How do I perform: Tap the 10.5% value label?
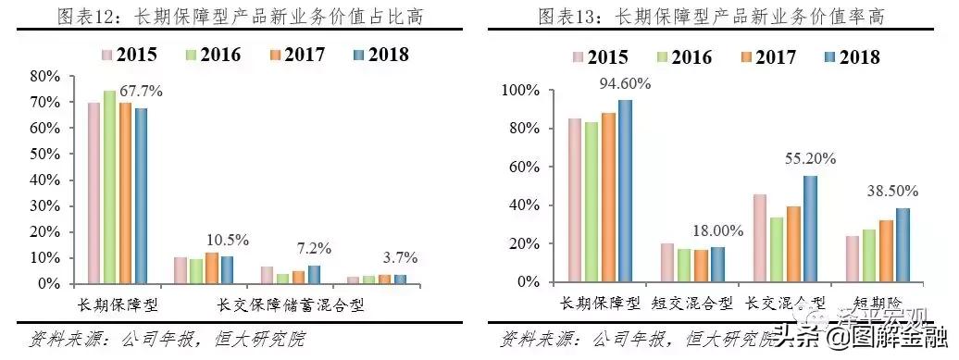228,241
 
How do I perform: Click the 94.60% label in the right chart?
626,83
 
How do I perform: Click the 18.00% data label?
716,231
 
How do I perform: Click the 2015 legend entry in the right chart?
600,57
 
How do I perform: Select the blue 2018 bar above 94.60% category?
625,190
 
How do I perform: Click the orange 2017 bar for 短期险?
887,250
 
